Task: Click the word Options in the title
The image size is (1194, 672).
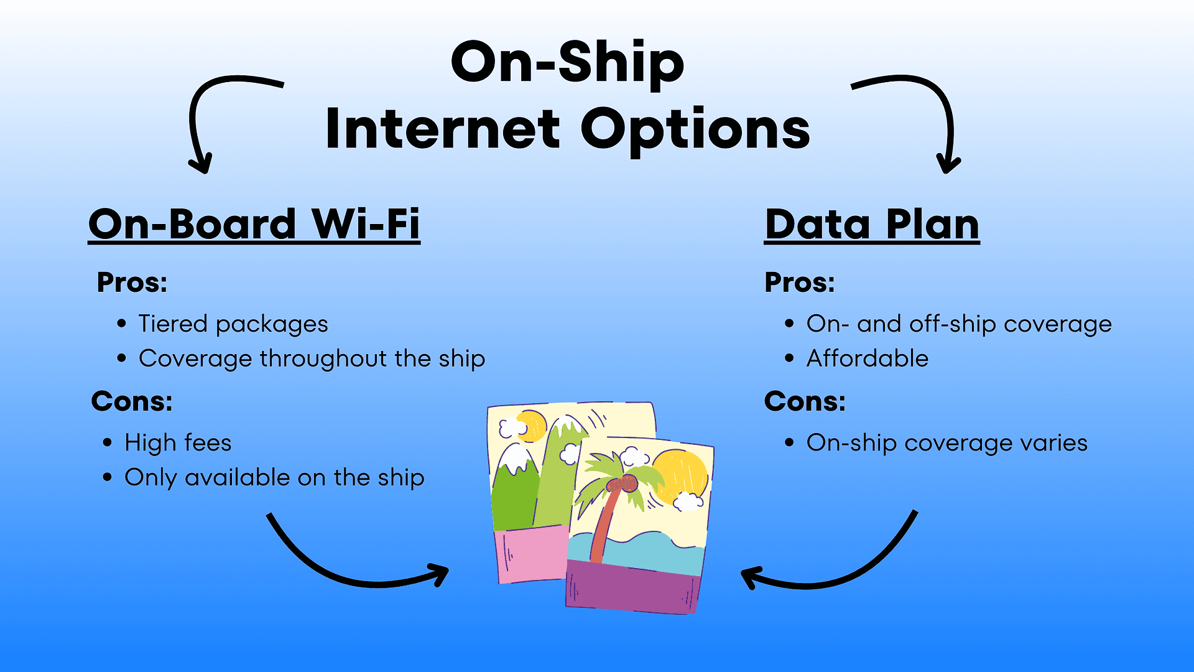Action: click(x=695, y=131)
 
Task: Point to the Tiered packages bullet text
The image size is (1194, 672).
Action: click(x=233, y=324)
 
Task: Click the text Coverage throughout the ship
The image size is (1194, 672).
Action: click(x=312, y=359)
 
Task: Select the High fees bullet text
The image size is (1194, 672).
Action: click(x=178, y=443)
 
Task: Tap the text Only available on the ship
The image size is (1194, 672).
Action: click(x=274, y=478)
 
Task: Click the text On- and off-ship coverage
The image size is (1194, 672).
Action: click(x=959, y=324)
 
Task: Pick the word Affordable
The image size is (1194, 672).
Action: click(x=868, y=358)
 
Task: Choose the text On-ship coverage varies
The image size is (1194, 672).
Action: click(x=947, y=443)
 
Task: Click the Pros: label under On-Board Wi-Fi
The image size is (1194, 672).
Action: click(x=132, y=282)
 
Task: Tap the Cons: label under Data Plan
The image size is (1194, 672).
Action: click(x=805, y=401)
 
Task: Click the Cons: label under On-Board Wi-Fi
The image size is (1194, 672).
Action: click(x=132, y=401)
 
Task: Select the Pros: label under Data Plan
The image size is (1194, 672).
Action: click(x=800, y=282)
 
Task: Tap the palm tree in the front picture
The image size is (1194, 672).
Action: click(x=613, y=504)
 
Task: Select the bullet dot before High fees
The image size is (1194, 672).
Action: click(x=108, y=443)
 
